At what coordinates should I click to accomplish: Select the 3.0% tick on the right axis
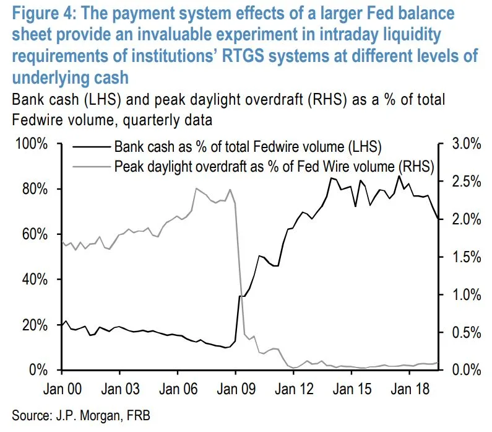pyautogui.click(x=464, y=144)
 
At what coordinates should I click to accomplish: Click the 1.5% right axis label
pyautogui.click(x=464, y=257)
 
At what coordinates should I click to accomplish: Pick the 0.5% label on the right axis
pyautogui.click(x=464, y=332)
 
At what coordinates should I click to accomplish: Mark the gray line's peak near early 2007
pyautogui.click(x=196, y=188)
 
